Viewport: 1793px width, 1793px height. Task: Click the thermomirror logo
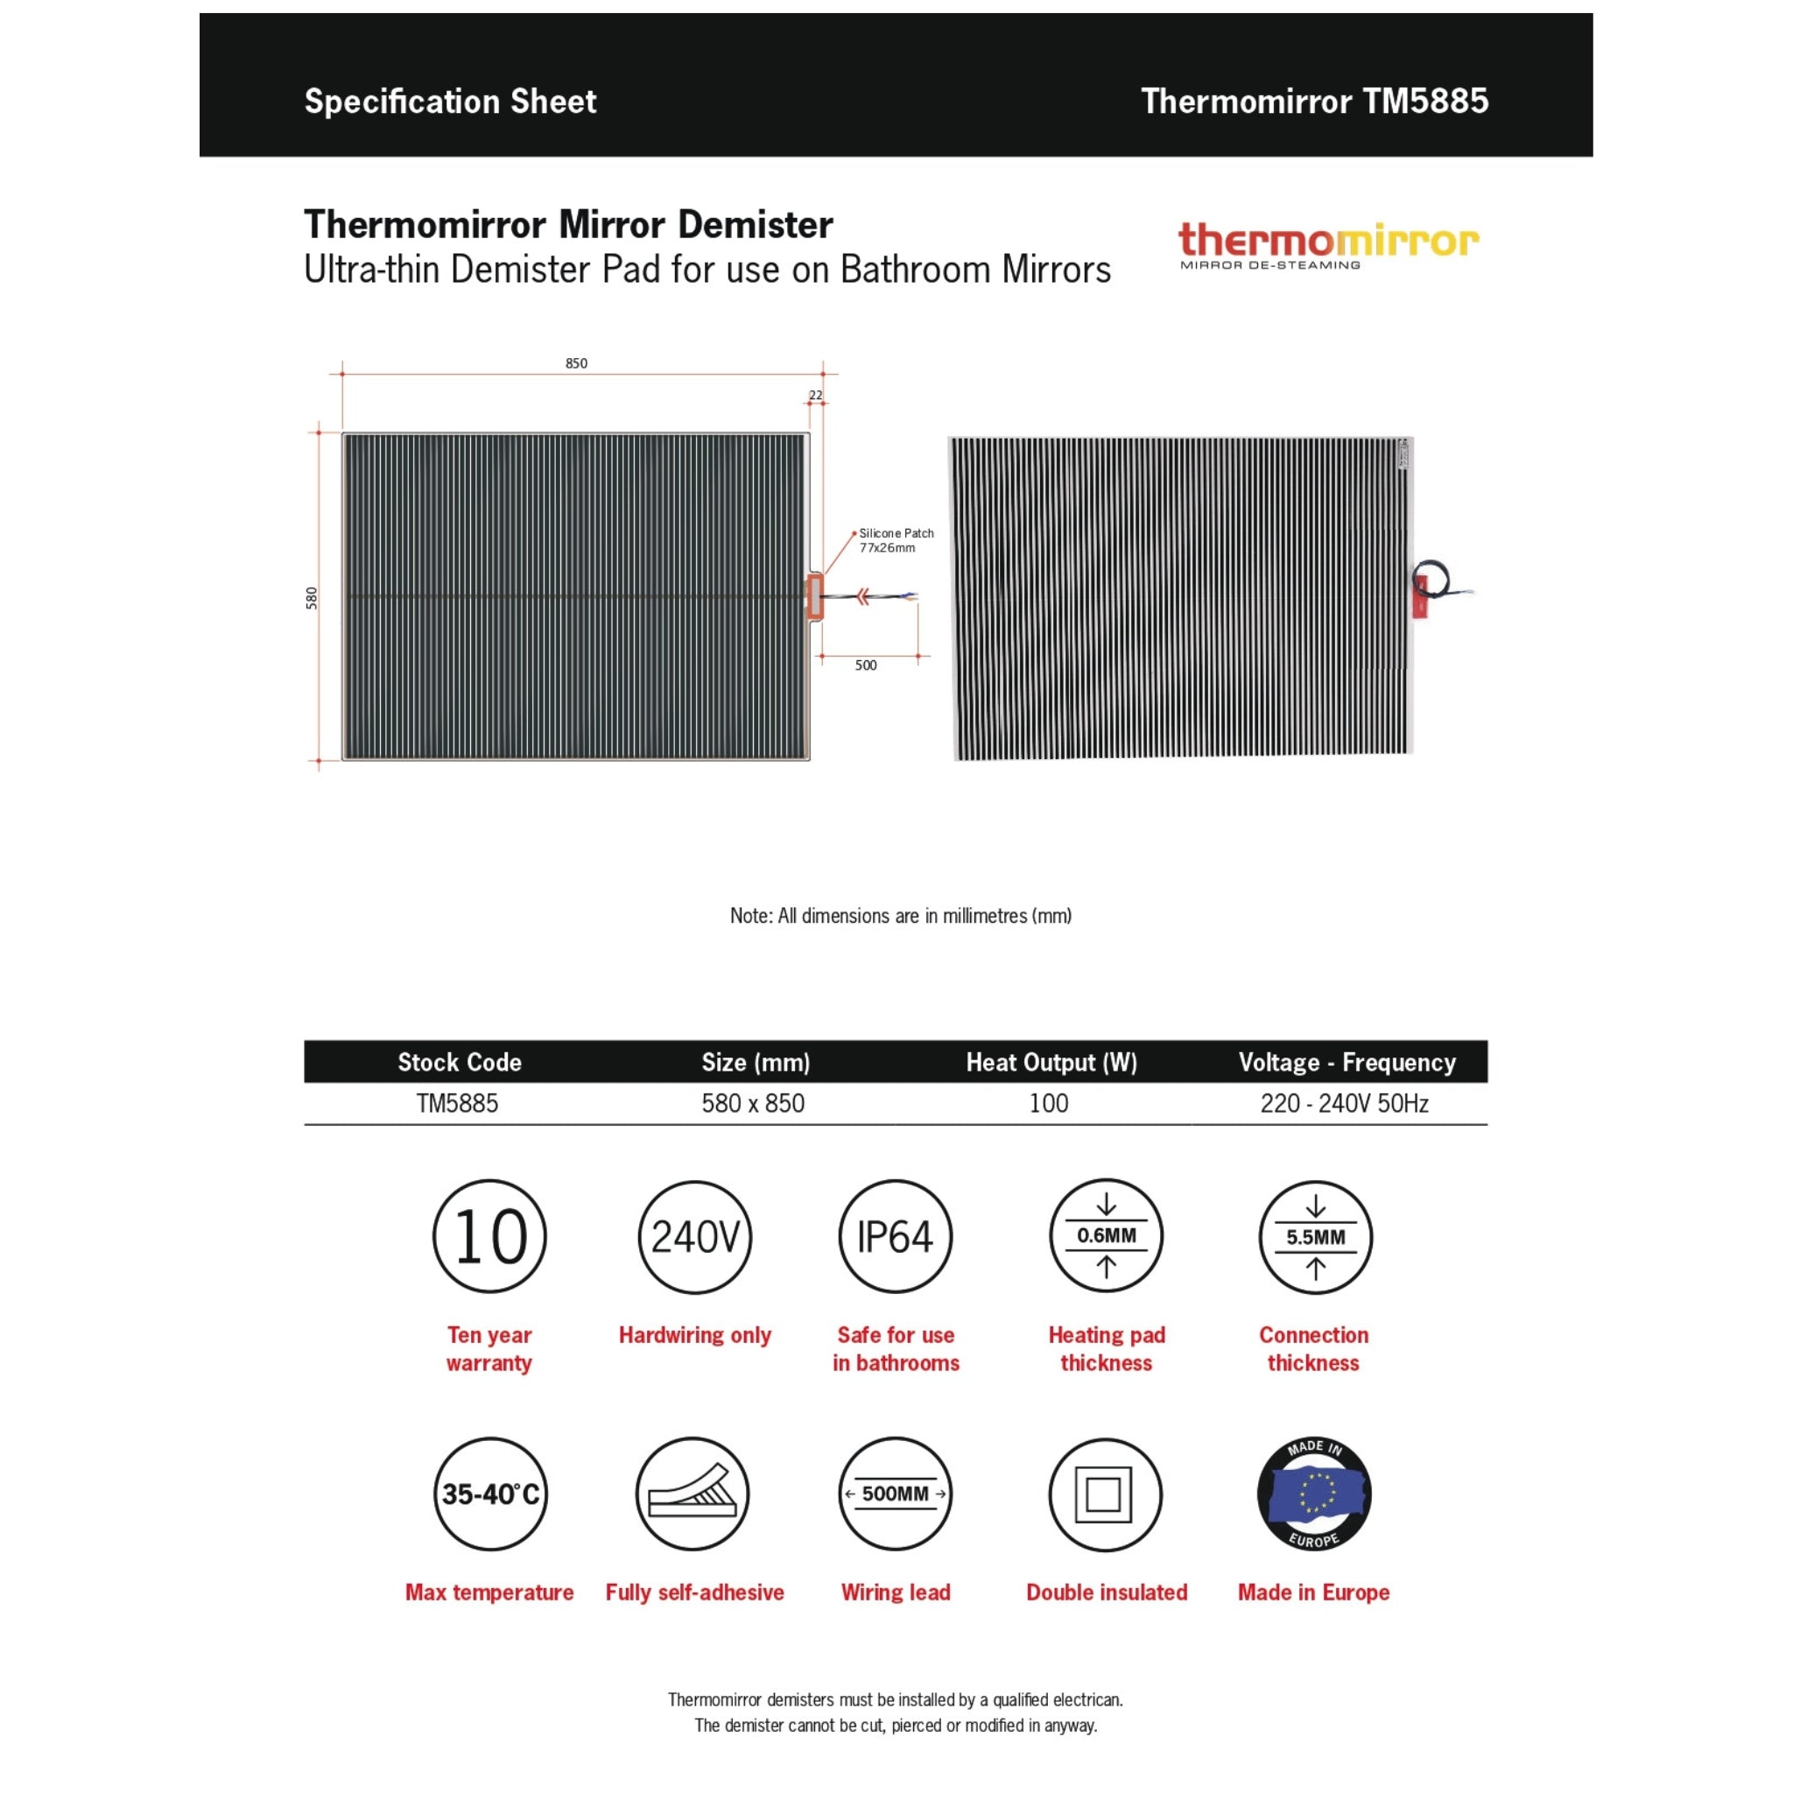(x=1328, y=245)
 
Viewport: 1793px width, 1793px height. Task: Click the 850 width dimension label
(x=576, y=362)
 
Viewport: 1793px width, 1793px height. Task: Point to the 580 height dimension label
(x=312, y=598)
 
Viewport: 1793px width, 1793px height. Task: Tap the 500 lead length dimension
(x=865, y=664)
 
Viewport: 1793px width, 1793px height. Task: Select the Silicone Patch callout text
(x=896, y=540)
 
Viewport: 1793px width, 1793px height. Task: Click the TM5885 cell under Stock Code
(x=458, y=1103)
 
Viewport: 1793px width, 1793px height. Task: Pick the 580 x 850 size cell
(x=753, y=1103)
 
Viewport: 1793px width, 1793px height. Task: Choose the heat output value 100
(x=1049, y=1103)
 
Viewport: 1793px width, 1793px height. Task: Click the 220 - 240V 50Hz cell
(x=1344, y=1103)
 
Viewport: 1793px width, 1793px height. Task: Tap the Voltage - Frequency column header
(x=1347, y=1062)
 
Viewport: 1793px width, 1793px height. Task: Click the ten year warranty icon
(x=490, y=1236)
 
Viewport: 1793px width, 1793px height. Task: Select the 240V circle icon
(x=695, y=1236)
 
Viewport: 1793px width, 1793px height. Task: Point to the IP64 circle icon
(x=896, y=1236)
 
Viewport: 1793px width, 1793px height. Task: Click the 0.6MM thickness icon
(x=1107, y=1236)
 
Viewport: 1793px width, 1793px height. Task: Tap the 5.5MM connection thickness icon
(x=1315, y=1236)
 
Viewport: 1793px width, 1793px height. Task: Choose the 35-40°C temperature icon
(x=490, y=1494)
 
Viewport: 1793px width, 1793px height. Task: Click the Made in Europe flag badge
(x=1314, y=1494)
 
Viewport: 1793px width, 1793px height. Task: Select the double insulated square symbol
(x=1104, y=1494)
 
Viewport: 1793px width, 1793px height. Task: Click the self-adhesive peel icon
(x=693, y=1494)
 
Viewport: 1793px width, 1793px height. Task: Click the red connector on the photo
(x=1420, y=597)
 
